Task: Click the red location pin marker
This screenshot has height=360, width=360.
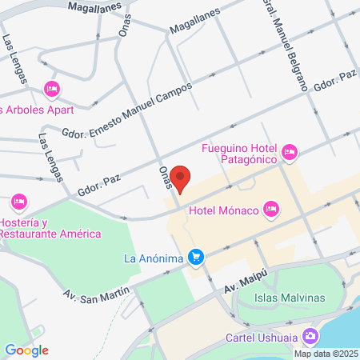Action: point(181,179)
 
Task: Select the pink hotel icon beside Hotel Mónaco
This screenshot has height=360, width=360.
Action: point(271,210)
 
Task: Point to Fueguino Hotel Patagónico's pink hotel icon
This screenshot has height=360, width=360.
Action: point(290,151)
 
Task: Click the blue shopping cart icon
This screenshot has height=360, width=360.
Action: point(195,258)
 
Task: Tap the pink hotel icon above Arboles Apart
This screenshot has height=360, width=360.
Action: point(52,88)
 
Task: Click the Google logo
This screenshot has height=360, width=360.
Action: point(26,350)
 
